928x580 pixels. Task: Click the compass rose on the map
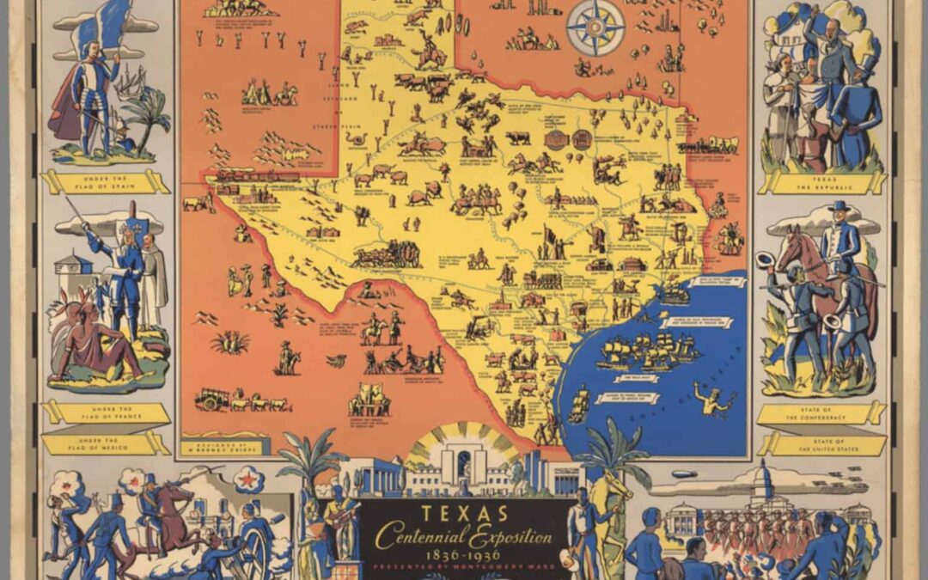point(595,27)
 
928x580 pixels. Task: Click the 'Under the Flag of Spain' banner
point(106,181)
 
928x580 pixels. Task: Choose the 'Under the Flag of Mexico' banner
point(106,443)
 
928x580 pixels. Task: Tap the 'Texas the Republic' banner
point(822,182)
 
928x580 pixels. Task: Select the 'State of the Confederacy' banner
point(822,413)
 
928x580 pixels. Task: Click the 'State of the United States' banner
point(822,443)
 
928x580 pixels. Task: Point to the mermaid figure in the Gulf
point(713,400)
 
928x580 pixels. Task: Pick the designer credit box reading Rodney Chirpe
point(219,447)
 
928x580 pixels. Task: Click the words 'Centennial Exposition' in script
point(464,538)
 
